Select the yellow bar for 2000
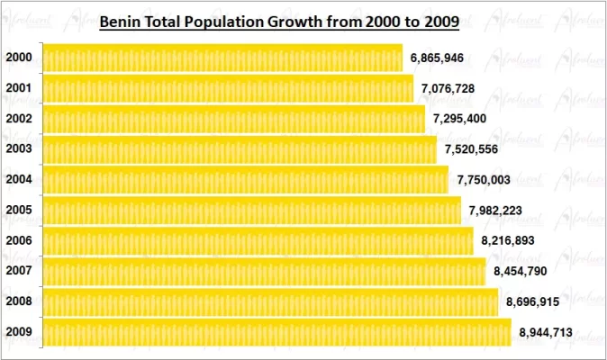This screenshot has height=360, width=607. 222,58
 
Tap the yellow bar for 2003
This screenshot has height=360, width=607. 239,149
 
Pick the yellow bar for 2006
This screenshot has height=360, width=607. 257,240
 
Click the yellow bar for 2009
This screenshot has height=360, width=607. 276,332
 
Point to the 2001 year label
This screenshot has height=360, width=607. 19,88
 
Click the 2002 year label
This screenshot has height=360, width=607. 19,119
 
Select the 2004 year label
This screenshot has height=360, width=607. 19,179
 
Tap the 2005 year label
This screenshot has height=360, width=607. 19,210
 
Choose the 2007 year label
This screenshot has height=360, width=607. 19,270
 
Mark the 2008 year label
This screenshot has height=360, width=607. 19,301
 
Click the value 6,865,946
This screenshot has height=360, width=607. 437,58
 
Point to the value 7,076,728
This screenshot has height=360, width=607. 448,88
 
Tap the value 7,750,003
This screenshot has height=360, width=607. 484,180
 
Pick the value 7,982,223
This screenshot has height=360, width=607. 495,211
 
